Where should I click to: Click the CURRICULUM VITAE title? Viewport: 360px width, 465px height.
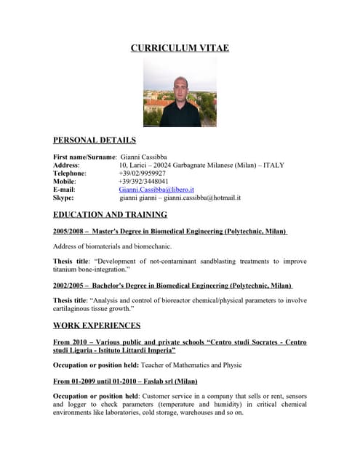[x=180, y=48]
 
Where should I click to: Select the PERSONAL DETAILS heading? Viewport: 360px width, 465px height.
[x=95, y=140]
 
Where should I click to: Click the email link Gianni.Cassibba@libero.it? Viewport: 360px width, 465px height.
[x=156, y=189]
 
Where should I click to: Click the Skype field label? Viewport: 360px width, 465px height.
[x=63, y=197]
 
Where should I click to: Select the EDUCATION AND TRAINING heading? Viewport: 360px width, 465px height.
[x=111, y=214]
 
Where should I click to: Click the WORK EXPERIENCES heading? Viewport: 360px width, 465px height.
[x=97, y=325]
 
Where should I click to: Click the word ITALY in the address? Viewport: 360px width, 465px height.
[x=274, y=165]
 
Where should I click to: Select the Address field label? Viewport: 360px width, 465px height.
[x=66, y=165]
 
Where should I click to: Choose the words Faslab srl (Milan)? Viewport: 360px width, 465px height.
[x=172, y=381]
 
